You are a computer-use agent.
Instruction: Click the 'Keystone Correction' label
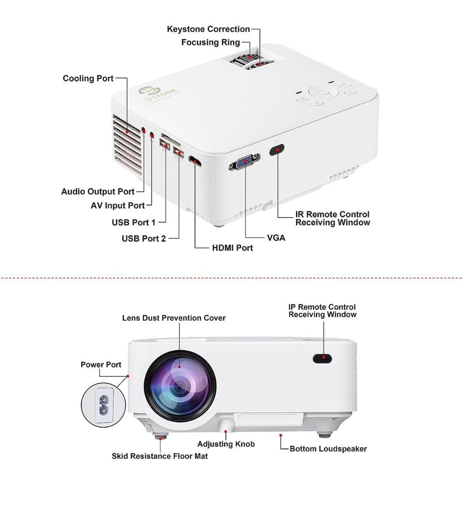(208, 29)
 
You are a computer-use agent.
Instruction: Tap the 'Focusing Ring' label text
(210, 42)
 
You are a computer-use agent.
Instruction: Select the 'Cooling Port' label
(88, 78)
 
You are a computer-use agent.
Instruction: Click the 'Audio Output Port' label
(98, 192)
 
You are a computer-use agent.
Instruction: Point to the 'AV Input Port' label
(118, 206)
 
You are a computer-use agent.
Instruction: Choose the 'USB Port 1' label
(134, 222)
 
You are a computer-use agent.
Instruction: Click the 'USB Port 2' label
(143, 238)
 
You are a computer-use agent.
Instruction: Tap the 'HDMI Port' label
(232, 248)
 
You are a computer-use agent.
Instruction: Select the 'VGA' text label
(276, 238)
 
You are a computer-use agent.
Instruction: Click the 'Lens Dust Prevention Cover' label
(173, 318)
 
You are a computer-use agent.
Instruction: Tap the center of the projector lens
(180, 387)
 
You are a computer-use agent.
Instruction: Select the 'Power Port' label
(101, 364)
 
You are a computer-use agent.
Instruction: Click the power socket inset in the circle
(103, 405)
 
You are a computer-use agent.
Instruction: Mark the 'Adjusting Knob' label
(225, 444)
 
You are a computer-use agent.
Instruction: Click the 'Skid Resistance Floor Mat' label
(159, 456)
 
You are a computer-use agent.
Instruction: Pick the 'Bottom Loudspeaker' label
(328, 449)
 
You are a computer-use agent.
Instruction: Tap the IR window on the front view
(322, 358)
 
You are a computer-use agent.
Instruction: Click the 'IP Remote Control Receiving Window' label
(322, 311)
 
